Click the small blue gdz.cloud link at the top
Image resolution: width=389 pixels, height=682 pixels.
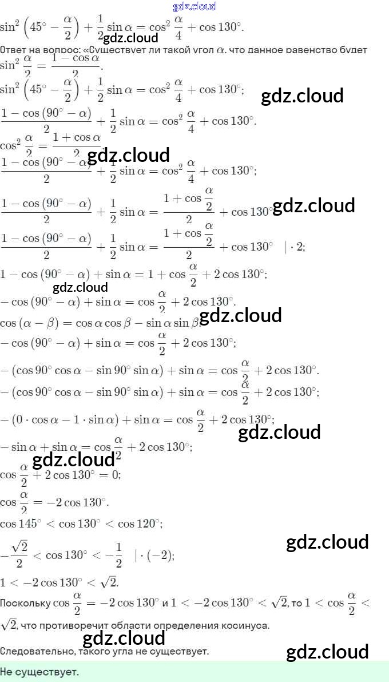194,6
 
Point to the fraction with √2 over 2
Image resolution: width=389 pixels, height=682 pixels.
20,555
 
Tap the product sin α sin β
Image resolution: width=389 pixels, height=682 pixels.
172,322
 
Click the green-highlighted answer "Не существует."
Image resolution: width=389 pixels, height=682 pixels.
39,672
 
